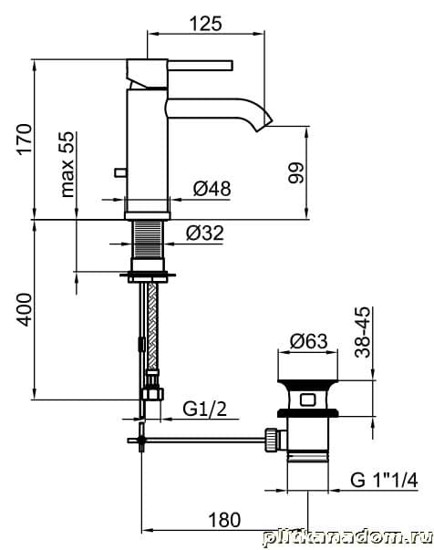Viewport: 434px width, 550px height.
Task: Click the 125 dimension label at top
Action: point(206,24)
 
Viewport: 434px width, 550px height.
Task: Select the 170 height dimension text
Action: point(25,139)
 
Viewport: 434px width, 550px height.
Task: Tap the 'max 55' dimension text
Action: point(67,164)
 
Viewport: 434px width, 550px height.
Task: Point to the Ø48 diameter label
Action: point(212,189)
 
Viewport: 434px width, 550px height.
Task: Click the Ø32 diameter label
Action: point(205,233)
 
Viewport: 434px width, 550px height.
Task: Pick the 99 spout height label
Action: point(296,172)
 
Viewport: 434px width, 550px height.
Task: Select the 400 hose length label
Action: point(25,310)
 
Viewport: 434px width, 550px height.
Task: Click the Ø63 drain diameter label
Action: point(309,341)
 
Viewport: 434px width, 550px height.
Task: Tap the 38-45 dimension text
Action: point(362,332)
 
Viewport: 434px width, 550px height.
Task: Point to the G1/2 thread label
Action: point(205,409)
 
